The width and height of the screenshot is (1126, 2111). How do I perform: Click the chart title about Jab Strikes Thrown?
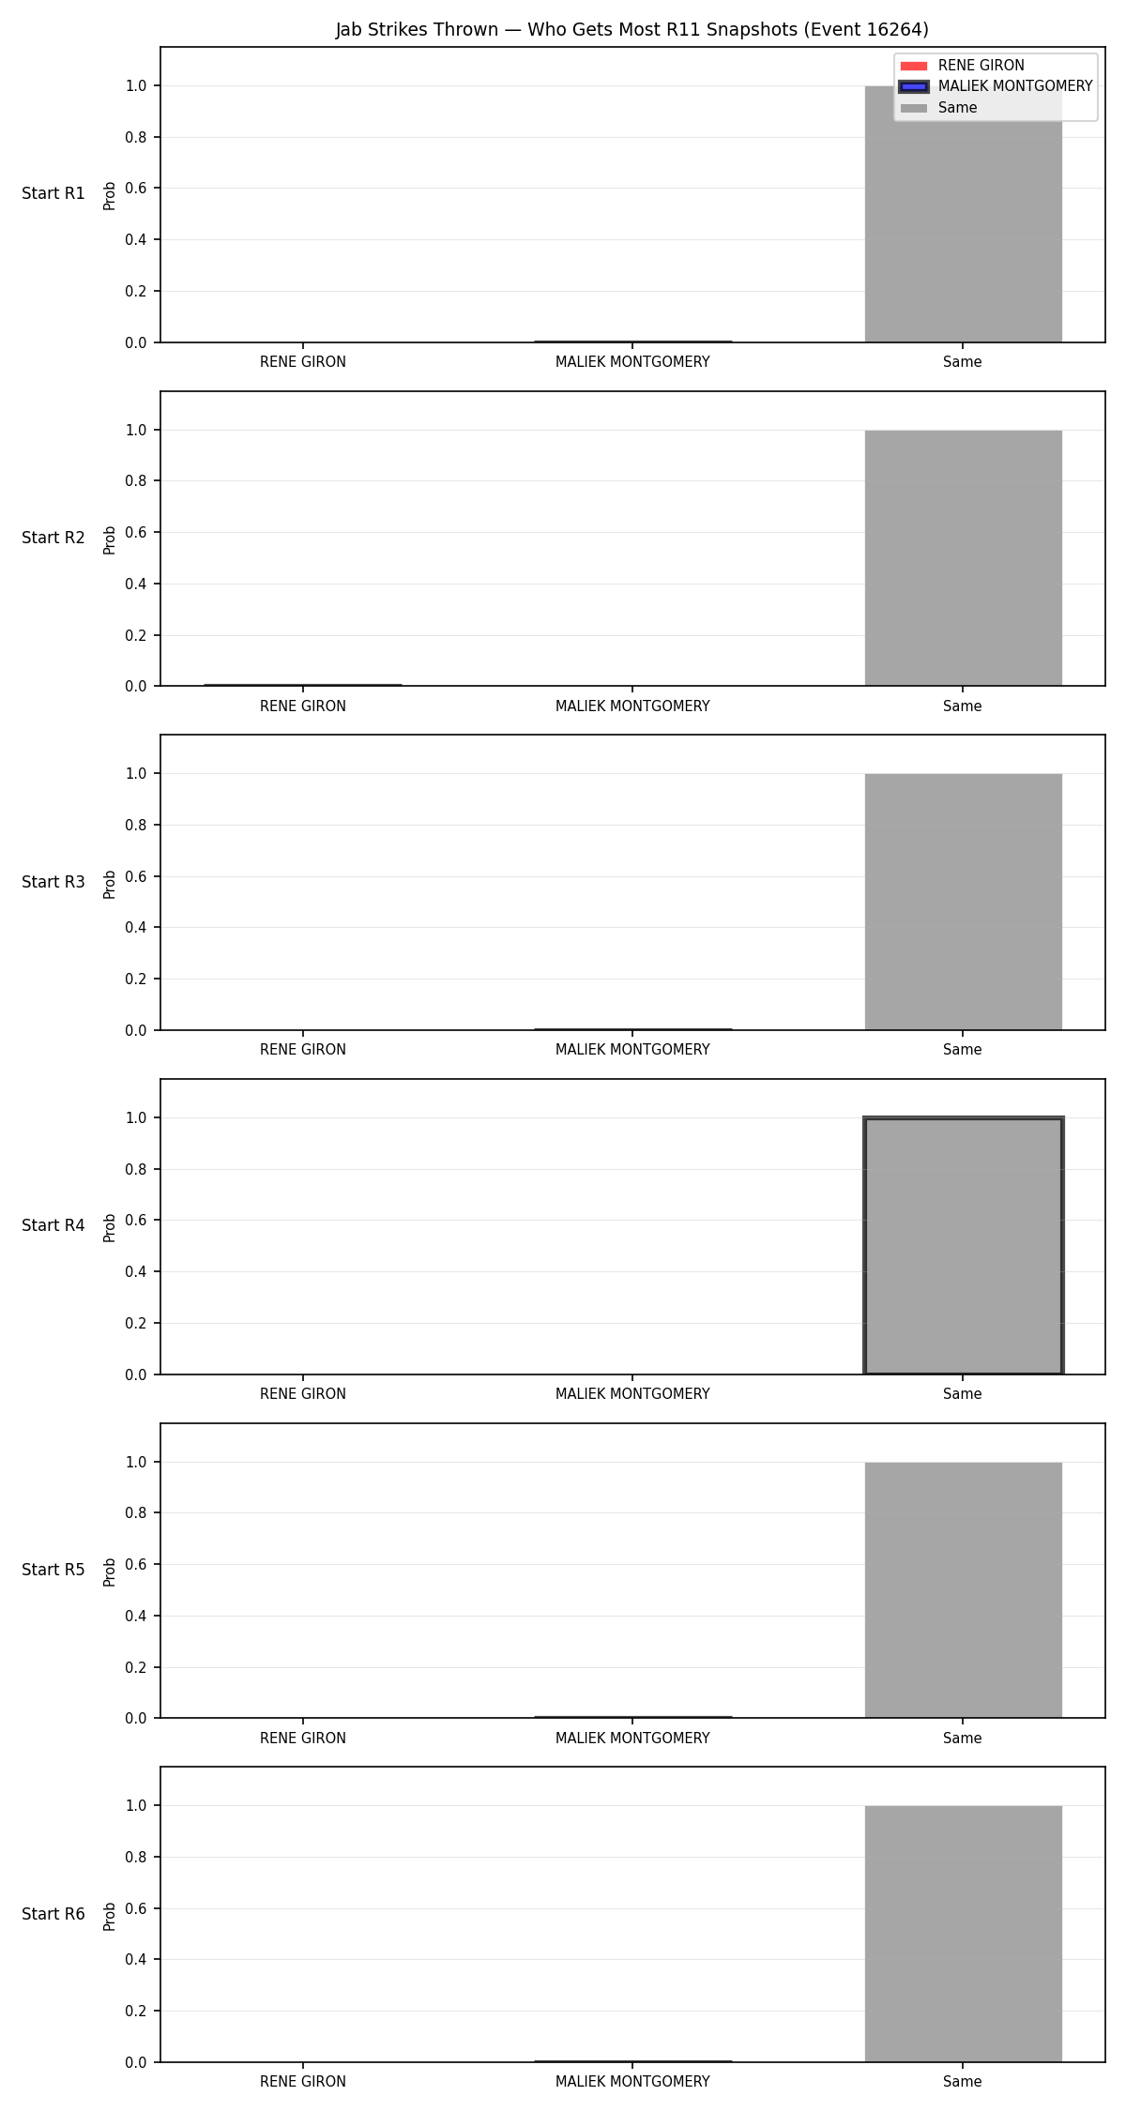632,30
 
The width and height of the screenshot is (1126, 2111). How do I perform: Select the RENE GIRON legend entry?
963,66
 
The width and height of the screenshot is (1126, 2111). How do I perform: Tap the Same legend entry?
938,108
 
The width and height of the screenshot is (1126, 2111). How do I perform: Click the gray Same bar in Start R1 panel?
963,214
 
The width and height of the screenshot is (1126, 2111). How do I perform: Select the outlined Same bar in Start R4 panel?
963,1246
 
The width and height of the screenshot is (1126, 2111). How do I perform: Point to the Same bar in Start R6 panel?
963,1934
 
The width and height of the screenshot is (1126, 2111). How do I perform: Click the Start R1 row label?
53,193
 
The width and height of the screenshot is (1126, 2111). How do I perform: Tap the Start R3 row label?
53,882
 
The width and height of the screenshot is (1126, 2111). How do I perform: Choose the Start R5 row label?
53,1570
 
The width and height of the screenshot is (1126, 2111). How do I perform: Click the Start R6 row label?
53,1914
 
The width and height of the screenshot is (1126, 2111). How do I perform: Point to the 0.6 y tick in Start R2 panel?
136,532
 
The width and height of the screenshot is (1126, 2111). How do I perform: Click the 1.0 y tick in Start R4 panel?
136,1117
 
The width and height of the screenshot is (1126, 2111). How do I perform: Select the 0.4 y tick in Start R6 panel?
136,1960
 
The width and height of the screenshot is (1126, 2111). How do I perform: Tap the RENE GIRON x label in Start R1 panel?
303,362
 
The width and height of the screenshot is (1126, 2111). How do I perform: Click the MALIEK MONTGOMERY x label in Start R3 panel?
632,1050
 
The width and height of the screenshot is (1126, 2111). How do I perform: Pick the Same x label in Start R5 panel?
963,1739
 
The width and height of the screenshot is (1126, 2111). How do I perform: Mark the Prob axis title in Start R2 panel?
110,539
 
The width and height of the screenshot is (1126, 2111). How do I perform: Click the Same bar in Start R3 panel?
963,902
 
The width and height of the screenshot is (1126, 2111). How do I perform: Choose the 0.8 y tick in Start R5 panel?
136,1512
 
